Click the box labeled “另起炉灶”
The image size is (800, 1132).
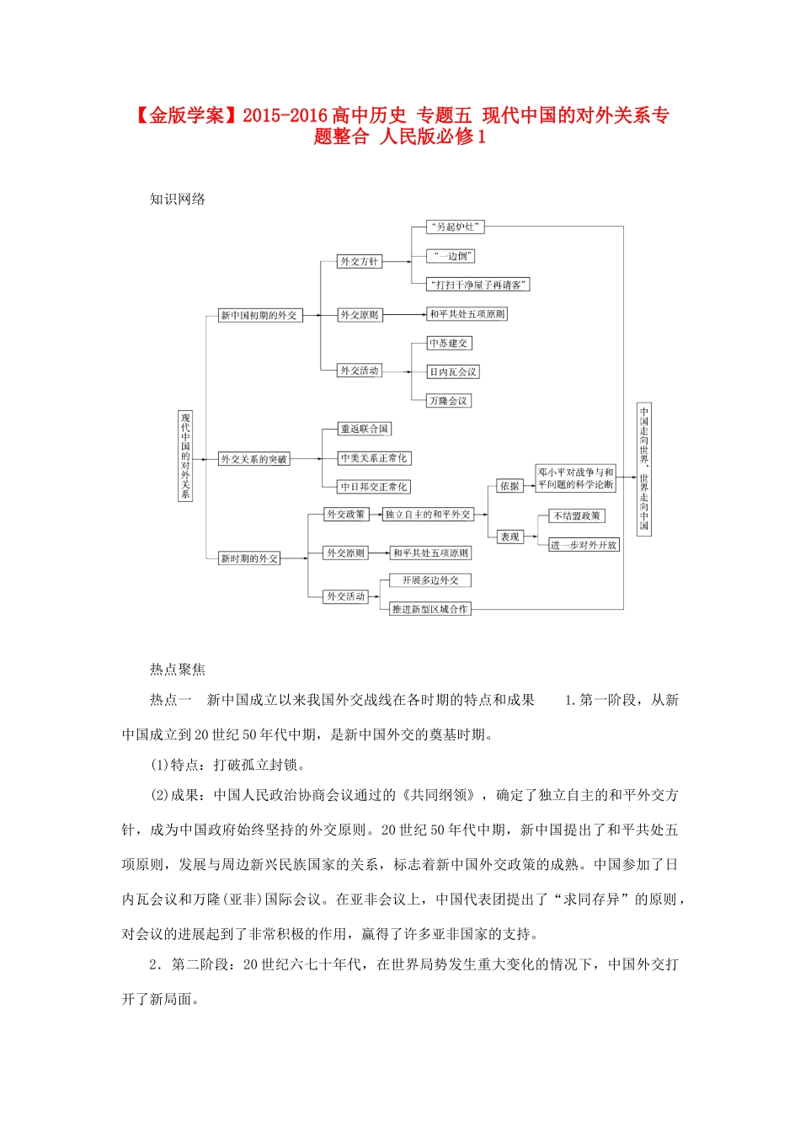(x=455, y=227)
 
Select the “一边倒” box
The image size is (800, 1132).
(x=451, y=256)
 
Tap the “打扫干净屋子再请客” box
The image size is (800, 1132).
(x=477, y=285)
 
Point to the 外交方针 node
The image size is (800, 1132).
(x=360, y=262)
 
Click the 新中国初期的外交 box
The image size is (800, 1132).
(x=259, y=316)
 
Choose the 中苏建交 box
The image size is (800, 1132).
(x=448, y=344)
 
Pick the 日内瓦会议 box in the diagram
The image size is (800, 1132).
(x=452, y=372)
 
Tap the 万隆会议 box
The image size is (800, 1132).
(x=448, y=401)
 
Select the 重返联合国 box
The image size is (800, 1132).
(x=364, y=430)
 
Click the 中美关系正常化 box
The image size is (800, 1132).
(x=374, y=458)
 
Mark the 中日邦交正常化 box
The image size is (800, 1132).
(x=374, y=487)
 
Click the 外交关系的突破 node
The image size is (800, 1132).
(x=253, y=459)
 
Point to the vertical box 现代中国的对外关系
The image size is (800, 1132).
(x=185, y=456)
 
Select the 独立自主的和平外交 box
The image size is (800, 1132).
(x=428, y=515)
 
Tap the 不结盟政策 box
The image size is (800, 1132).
(x=577, y=515)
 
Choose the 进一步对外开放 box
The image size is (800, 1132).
(x=584, y=545)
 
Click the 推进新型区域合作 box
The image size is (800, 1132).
(x=429, y=609)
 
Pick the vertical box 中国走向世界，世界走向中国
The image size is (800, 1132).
(x=644, y=469)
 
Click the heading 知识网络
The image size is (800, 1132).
(x=178, y=200)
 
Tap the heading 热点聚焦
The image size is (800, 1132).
(x=178, y=670)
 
